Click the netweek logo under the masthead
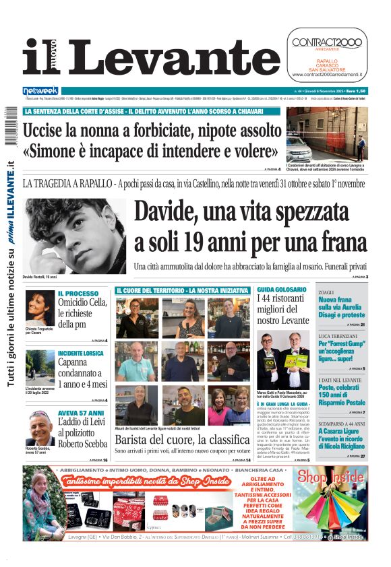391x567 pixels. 40,90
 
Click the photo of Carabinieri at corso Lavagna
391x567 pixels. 326,135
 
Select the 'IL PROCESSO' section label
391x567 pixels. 78,294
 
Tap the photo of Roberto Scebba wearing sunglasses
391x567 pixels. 39,427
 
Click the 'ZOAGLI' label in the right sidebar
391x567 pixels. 327,292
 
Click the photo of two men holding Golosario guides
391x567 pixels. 283,361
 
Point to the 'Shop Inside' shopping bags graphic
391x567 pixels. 341,505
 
